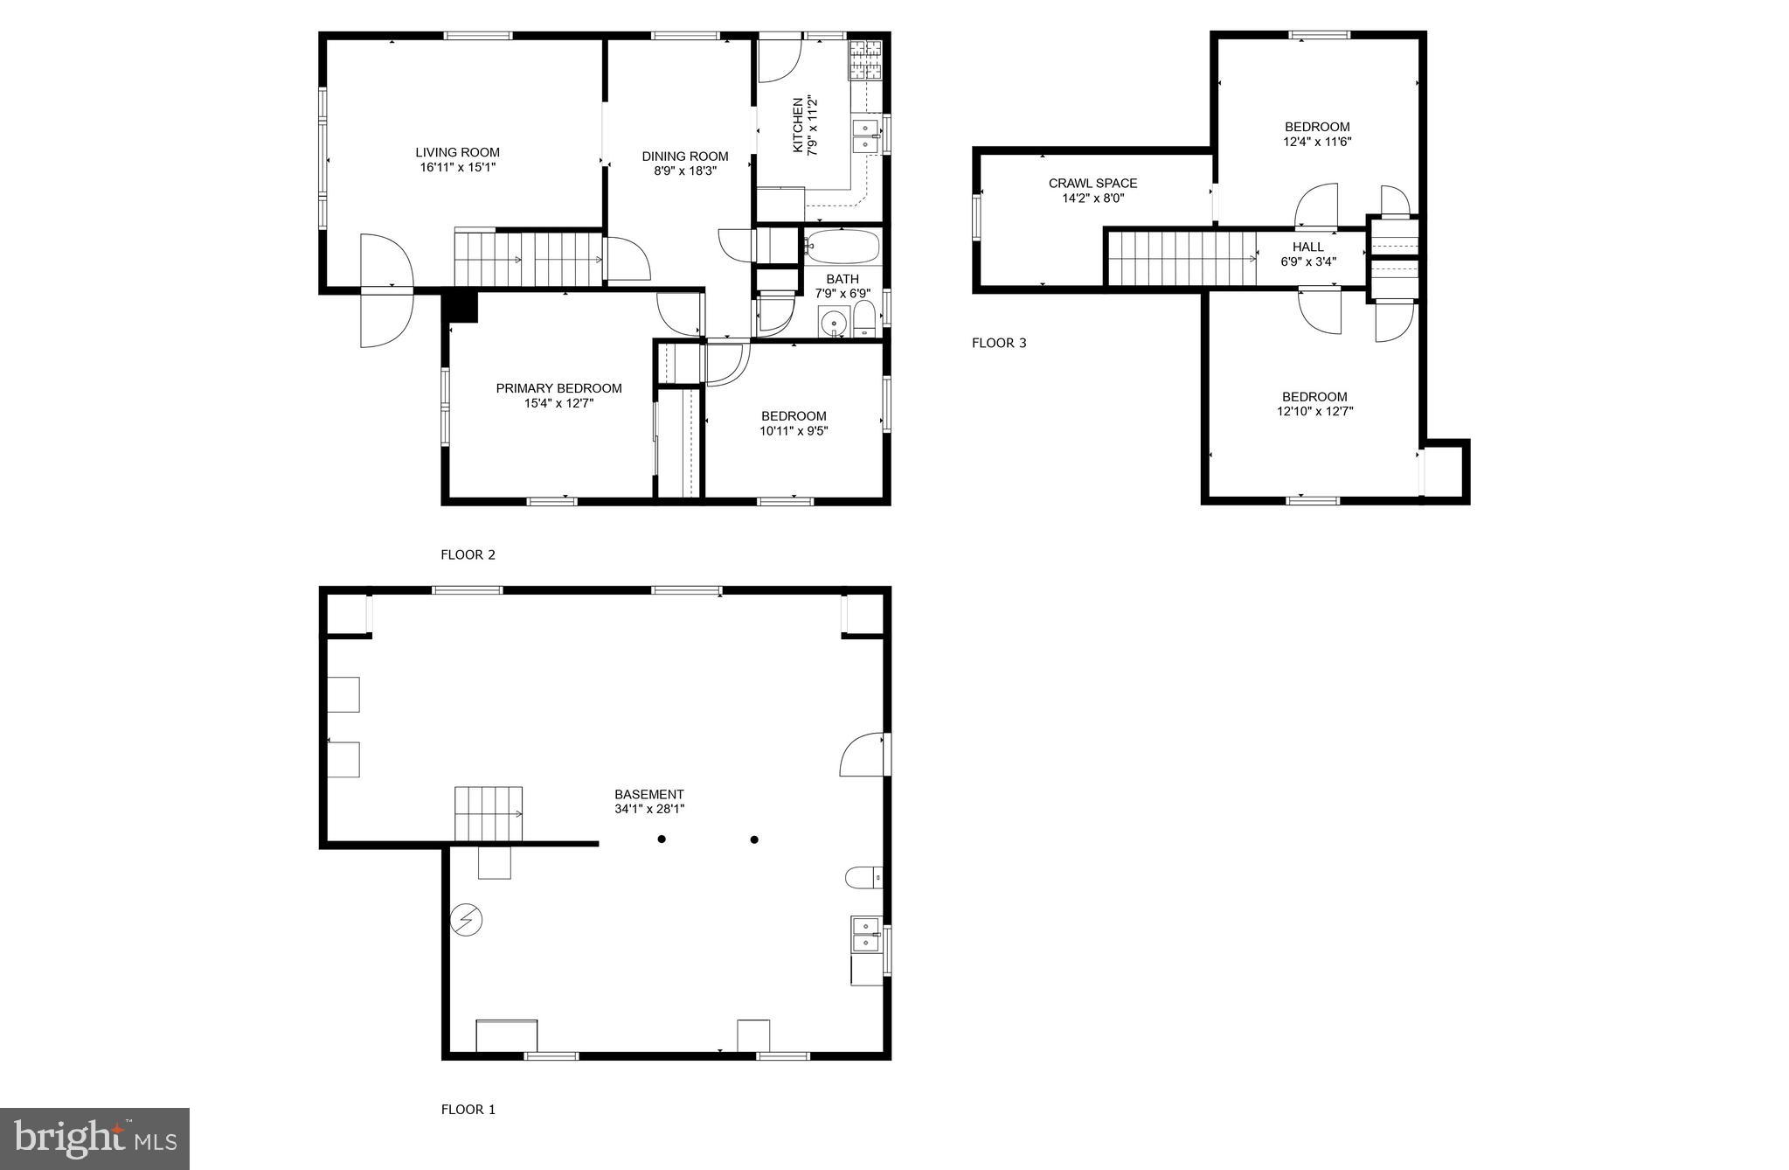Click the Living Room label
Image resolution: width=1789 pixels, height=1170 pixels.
[x=457, y=152]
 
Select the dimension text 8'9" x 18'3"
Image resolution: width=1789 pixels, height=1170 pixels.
[x=685, y=171]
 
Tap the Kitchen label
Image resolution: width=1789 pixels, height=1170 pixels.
[x=797, y=125]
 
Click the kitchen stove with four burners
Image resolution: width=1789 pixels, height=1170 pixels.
[x=865, y=59]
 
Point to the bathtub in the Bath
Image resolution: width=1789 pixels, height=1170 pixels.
[x=842, y=247]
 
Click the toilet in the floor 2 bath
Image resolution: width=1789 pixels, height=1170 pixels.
[x=863, y=320]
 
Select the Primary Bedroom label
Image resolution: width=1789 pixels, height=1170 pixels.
[x=558, y=388]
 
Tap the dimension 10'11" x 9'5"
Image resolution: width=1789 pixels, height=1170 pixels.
[x=794, y=431]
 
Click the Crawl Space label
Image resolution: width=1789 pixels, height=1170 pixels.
[x=1092, y=184]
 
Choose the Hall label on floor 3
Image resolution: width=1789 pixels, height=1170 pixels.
[x=1307, y=247]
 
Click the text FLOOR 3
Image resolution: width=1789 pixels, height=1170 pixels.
[x=999, y=343]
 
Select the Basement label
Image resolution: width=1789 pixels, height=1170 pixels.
[x=648, y=794]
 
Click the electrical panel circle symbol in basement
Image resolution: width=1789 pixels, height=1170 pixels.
[x=466, y=920]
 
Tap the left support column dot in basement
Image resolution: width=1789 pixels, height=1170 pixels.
[x=662, y=839]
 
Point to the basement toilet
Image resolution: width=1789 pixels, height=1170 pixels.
[x=863, y=876]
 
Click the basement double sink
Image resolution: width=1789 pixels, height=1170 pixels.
[x=865, y=935]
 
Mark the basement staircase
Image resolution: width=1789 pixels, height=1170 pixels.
[x=488, y=813]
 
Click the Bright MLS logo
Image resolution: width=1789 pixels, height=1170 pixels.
[x=94, y=1139]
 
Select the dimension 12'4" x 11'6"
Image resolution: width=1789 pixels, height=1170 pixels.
[x=1316, y=142]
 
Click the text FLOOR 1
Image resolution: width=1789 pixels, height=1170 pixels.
[x=468, y=1110]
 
